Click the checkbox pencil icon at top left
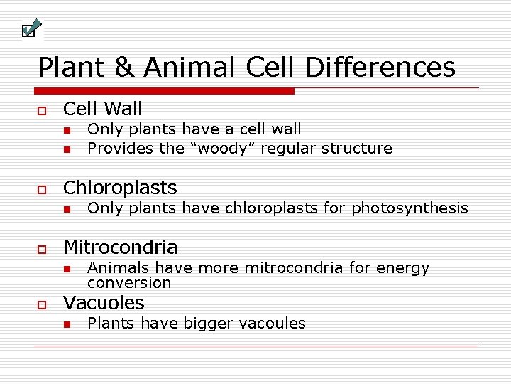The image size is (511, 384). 30,29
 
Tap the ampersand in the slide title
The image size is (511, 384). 124,68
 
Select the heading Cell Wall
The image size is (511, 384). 103,109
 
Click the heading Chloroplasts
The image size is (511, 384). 120,188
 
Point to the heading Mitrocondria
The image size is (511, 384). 121,247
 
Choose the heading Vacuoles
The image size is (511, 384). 104,303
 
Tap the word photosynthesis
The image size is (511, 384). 410,208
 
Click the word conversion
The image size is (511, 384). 129,283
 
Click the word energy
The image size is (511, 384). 404,268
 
